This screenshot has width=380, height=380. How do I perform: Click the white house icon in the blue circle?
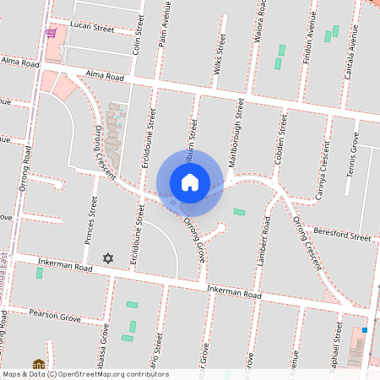pos(190,182)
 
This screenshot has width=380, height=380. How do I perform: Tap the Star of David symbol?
pos(107,258)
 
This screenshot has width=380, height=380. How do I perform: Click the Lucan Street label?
pos(92,28)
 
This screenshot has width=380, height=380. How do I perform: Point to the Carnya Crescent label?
pos(320,168)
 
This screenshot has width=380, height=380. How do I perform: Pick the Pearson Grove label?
pos(54,319)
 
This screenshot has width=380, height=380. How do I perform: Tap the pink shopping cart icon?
pos(51,33)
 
